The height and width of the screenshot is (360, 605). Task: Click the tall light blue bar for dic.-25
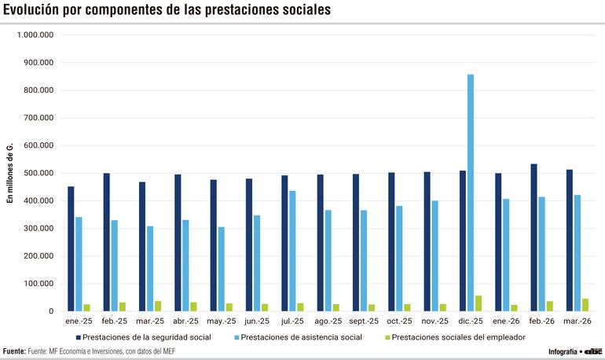[471, 193]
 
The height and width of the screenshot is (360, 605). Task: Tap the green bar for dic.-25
[478, 303]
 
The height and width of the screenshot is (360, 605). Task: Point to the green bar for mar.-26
[585, 305]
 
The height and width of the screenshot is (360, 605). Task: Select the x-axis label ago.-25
[328, 321]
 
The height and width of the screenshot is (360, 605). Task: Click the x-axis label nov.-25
[435, 321]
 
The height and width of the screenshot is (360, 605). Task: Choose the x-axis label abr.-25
[185, 321]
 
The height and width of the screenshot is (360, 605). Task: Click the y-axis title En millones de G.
[11, 173]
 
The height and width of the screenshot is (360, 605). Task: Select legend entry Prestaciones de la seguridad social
[146, 337]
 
